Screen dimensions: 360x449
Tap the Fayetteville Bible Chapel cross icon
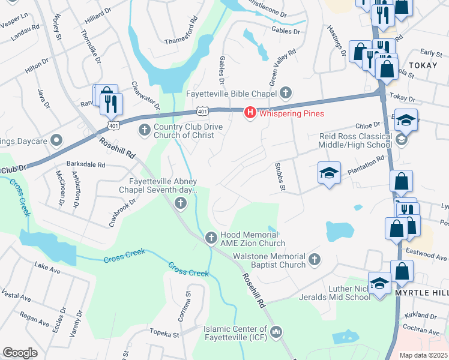[286, 93]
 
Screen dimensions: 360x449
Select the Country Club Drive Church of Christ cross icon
[144, 130]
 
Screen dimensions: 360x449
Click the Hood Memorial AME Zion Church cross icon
[211, 238]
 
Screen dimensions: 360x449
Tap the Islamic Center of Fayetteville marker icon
[276, 331]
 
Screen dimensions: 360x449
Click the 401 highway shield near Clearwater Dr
[202, 111]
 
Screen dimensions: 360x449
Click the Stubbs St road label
[279, 176]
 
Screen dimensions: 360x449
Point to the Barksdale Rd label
[86, 164]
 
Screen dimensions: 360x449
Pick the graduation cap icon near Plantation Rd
[329, 173]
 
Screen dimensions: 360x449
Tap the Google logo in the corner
[20, 352]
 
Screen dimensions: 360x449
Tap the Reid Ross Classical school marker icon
[402, 140]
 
